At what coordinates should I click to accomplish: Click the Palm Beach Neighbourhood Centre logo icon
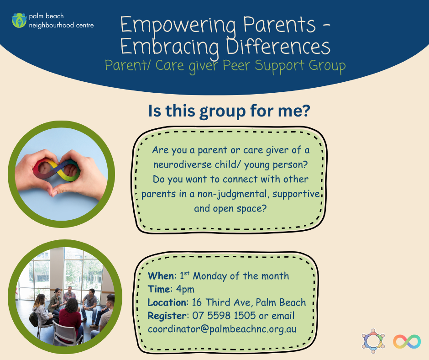[x=19, y=21]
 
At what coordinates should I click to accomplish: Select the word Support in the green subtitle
[x=279, y=66]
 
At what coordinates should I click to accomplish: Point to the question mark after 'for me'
[x=306, y=110]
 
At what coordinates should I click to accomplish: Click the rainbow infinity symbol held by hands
[x=57, y=169]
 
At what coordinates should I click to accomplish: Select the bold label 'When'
[x=161, y=275]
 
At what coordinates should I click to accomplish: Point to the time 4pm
[x=185, y=289]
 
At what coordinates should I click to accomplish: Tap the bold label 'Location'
[x=167, y=302]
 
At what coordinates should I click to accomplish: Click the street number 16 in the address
[x=197, y=302]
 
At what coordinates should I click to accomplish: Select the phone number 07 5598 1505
[x=224, y=316]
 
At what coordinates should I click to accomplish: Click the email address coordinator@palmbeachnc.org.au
[x=222, y=329]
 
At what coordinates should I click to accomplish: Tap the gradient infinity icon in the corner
[x=407, y=341]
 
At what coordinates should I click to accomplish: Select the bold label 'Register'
[x=167, y=316]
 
